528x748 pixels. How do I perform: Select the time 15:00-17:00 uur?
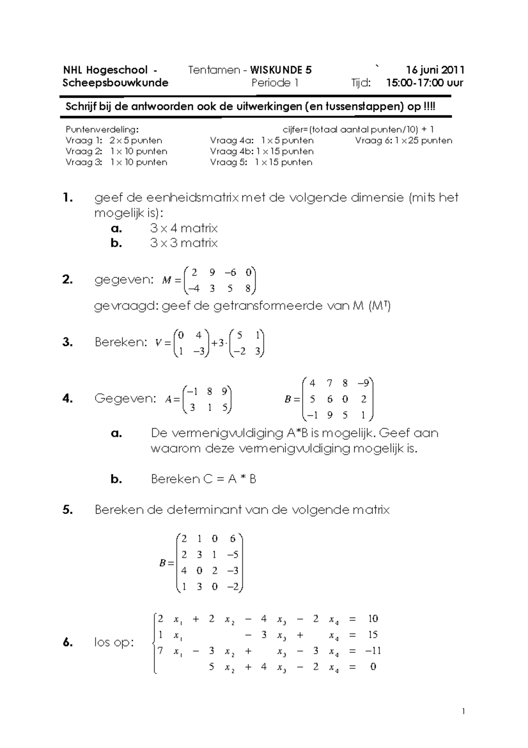coord(424,83)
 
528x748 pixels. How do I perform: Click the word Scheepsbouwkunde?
coord(115,83)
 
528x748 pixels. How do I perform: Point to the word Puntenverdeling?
coord(102,130)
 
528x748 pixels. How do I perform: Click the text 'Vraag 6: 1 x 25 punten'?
coord(403,141)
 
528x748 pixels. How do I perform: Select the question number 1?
coord(67,198)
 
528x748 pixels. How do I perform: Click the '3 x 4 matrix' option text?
coord(183,228)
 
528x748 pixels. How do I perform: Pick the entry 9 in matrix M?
coord(213,273)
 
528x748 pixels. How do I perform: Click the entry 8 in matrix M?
coord(248,289)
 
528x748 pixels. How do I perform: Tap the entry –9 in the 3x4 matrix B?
coord(363,383)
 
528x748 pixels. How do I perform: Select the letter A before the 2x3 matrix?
coord(169,400)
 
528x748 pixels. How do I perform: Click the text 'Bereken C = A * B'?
coord(203,479)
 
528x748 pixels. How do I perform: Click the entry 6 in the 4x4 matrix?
coord(233,539)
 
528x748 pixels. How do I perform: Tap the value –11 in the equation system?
coord(373,651)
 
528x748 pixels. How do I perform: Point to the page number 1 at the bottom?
coord(463,711)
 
